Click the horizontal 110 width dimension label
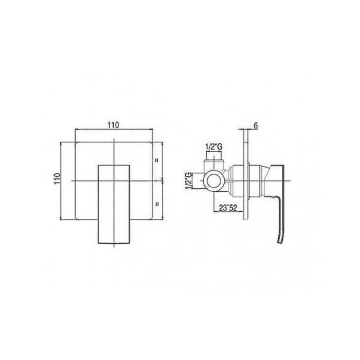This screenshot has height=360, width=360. click(x=114, y=125)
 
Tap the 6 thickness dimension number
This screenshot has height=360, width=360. click(x=256, y=125)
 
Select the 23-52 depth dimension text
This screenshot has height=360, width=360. click(x=228, y=208)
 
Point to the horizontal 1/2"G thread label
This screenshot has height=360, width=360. click(x=214, y=147)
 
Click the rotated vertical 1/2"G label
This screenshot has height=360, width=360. click(x=189, y=181)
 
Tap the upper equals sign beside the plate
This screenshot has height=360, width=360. click(x=157, y=160)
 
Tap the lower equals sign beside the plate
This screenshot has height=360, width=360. click(x=157, y=203)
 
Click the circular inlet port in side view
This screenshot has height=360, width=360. click(x=214, y=181)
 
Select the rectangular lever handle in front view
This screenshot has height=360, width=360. click(x=114, y=204)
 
